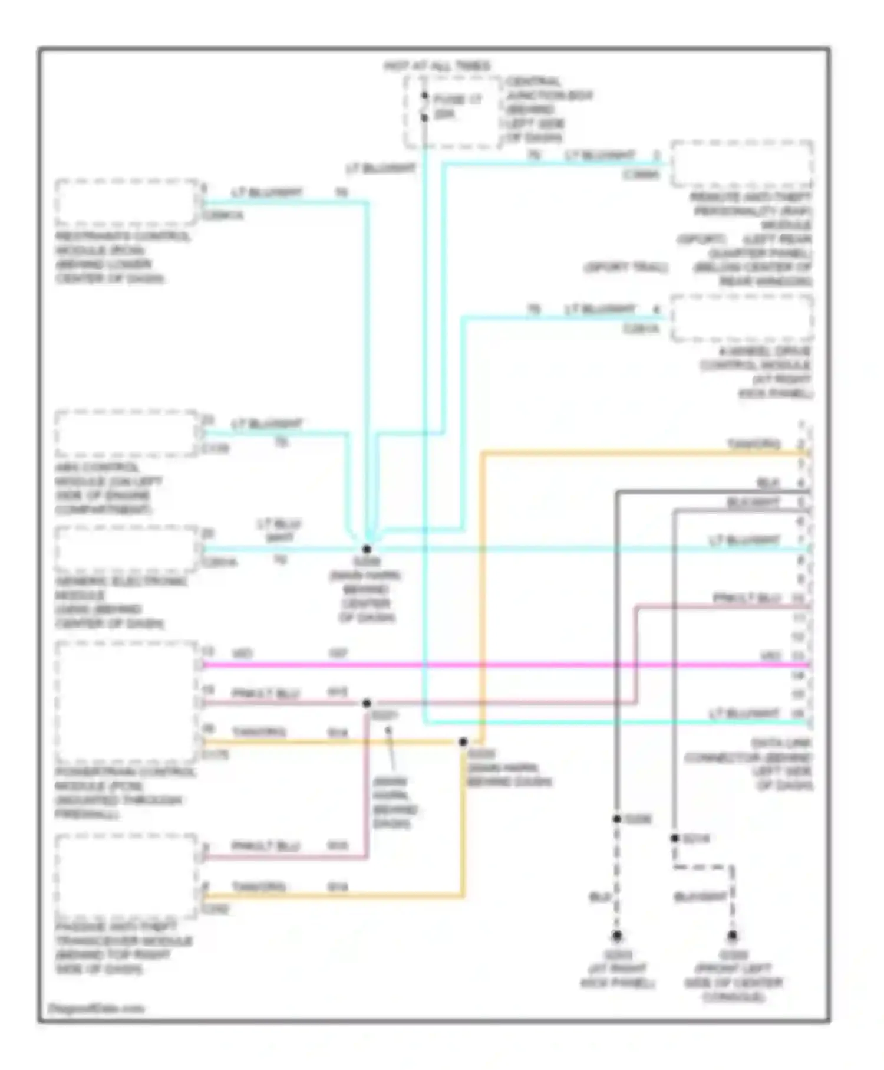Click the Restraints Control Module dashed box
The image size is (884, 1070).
coord(126,202)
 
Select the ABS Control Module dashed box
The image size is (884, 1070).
coord(126,434)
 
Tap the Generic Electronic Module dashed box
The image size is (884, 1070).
coord(126,549)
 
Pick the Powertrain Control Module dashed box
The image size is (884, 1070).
coord(126,702)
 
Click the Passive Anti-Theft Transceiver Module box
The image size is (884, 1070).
coord(126,877)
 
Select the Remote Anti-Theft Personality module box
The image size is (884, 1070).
coord(742,163)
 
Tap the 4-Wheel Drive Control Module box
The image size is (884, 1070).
coord(742,318)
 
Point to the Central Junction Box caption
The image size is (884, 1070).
coord(548,110)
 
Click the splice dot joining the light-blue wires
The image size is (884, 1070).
coord(367,549)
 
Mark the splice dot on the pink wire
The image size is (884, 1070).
coord(367,703)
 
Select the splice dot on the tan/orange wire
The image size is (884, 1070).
coord(463,742)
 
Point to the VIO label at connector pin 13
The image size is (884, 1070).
coord(770,656)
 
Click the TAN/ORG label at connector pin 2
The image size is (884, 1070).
coord(754,444)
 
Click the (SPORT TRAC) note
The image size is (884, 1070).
coord(626,268)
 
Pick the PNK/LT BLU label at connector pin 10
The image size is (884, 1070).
coord(747,598)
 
